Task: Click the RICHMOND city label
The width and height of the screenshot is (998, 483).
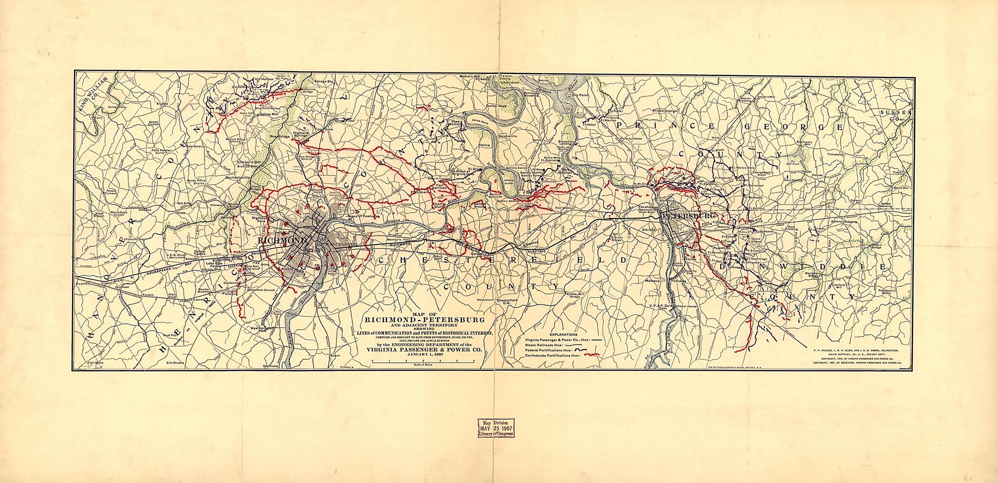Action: (x=281, y=241)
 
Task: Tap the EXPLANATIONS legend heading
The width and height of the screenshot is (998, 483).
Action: (x=563, y=334)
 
